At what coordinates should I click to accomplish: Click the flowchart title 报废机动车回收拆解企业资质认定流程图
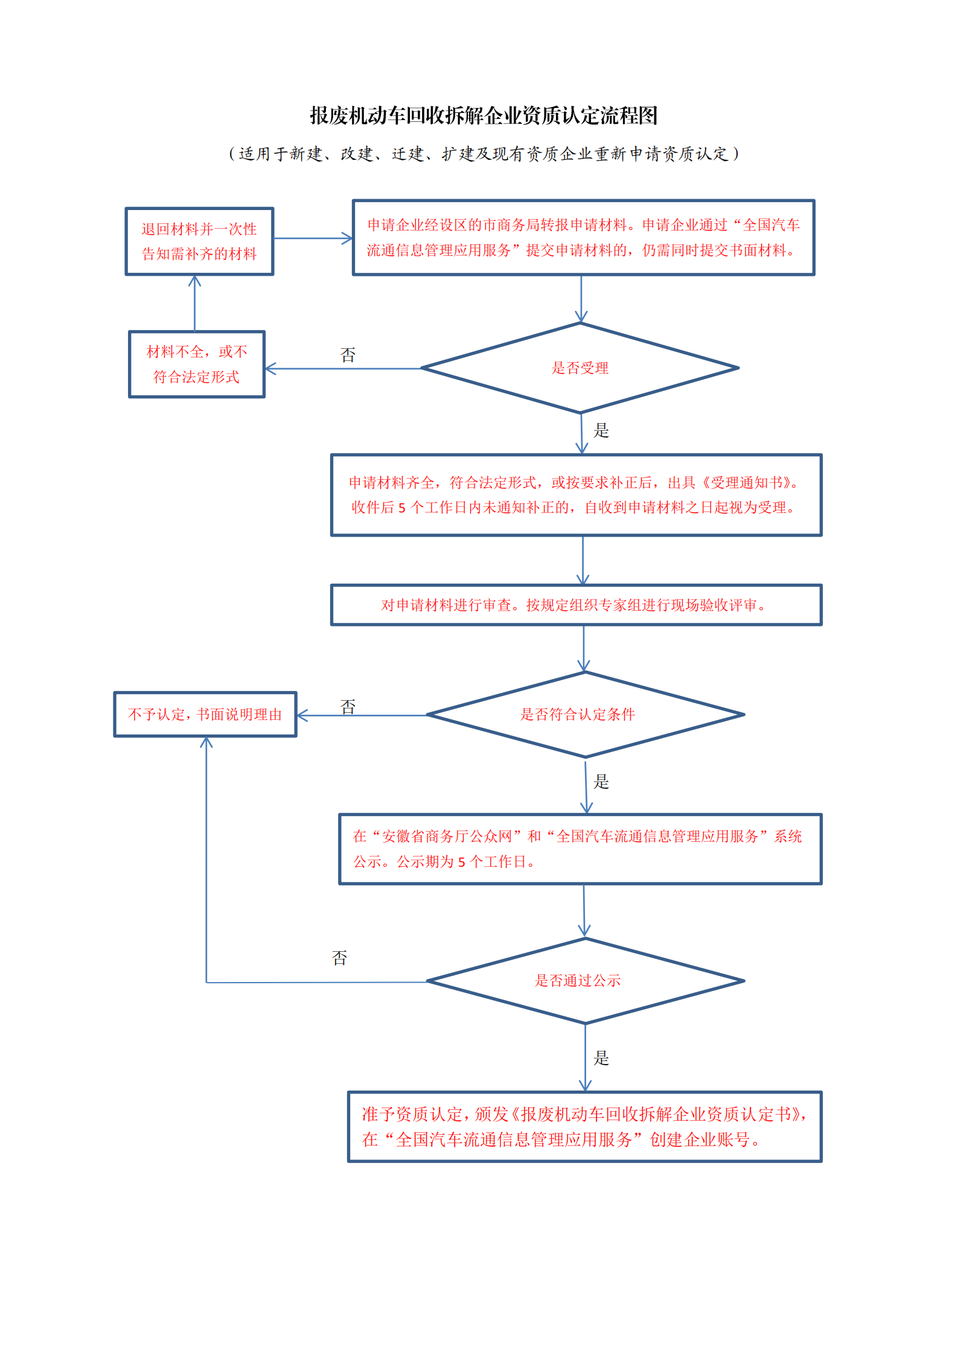[x=484, y=115]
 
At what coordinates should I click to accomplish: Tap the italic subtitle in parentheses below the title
[x=484, y=154]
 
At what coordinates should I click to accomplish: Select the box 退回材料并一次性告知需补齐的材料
[x=199, y=241]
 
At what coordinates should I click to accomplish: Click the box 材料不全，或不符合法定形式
[x=197, y=364]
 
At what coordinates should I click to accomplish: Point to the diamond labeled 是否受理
[x=580, y=368]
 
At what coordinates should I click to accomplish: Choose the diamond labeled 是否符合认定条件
[x=585, y=715]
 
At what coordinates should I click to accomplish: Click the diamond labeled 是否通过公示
[x=585, y=981]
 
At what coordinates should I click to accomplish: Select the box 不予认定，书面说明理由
[x=205, y=715]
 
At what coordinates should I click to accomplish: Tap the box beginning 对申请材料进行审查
[x=576, y=605]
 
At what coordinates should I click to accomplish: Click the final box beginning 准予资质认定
[x=585, y=1127]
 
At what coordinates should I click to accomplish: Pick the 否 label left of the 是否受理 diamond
[x=348, y=355]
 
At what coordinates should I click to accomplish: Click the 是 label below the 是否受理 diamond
[x=601, y=430]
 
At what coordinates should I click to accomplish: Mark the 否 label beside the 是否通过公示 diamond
[x=339, y=958]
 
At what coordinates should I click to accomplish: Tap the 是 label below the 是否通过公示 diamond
[x=601, y=1058]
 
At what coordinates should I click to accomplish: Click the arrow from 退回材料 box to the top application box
[x=313, y=238]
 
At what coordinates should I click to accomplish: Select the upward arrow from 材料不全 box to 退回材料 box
[x=194, y=304]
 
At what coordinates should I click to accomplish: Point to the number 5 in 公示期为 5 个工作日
[x=462, y=862]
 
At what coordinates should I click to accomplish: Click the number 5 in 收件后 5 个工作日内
[x=402, y=508]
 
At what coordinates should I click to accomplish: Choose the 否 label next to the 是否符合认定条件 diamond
[x=348, y=707]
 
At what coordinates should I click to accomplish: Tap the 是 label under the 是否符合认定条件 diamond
[x=601, y=782]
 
